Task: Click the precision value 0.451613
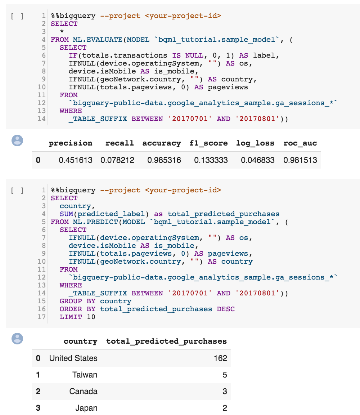coord(75,160)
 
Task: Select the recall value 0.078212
coord(117,160)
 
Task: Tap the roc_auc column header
coord(300,143)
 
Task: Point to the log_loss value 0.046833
coord(257,160)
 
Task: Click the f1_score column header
coord(208,143)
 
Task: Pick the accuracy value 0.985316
coord(164,160)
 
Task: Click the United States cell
coord(73,358)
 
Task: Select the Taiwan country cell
coord(85,375)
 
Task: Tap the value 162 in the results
coord(220,358)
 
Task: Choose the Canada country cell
coord(83,391)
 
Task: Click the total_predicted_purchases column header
coord(166,341)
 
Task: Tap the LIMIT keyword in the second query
coord(71,317)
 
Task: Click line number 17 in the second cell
coord(42,317)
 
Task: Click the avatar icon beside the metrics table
coord(17,140)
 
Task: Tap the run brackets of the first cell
coord(18,16)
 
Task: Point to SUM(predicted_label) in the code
coord(104,214)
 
